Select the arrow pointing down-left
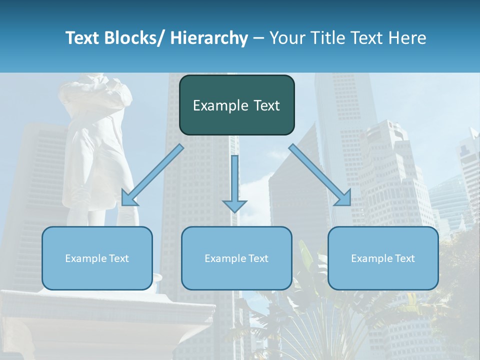(x=152, y=175)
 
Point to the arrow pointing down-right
(x=320, y=175)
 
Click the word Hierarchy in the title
(x=208, y=38)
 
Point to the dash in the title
(x=258, y=38)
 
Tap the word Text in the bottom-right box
(x=404, y=258)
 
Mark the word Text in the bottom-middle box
(x=257, y=258)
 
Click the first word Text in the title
(x=82, y=38)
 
